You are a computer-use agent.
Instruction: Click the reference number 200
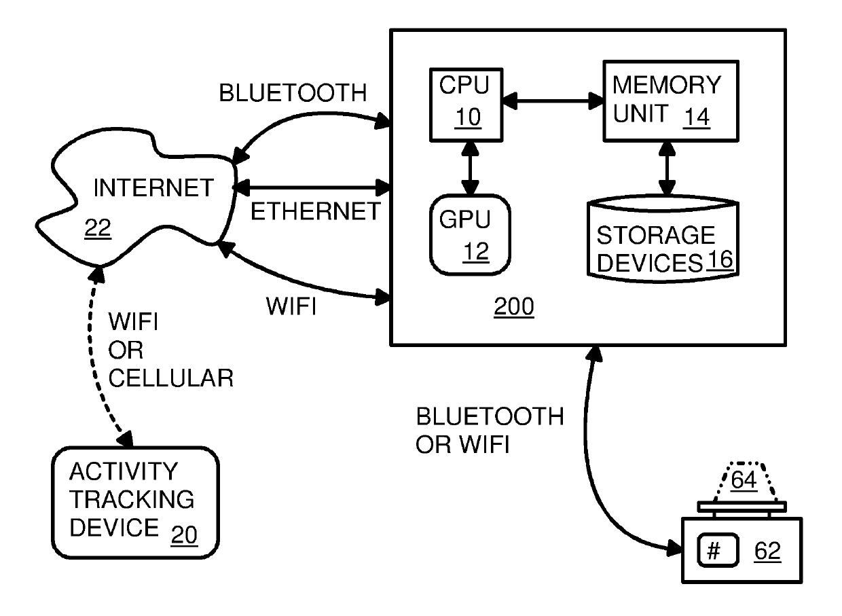(x=513, y=307)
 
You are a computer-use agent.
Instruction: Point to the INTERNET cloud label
(x=153, y=188)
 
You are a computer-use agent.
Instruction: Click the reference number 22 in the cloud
(x=97, y=230)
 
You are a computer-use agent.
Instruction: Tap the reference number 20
(x=183, y=535)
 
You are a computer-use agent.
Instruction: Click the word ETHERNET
(x=316, y=211)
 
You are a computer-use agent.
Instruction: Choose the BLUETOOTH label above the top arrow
(x=293, y=93)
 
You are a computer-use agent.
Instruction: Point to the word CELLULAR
(x=170, y=378)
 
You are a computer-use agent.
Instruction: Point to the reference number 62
(x=767, y=552)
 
